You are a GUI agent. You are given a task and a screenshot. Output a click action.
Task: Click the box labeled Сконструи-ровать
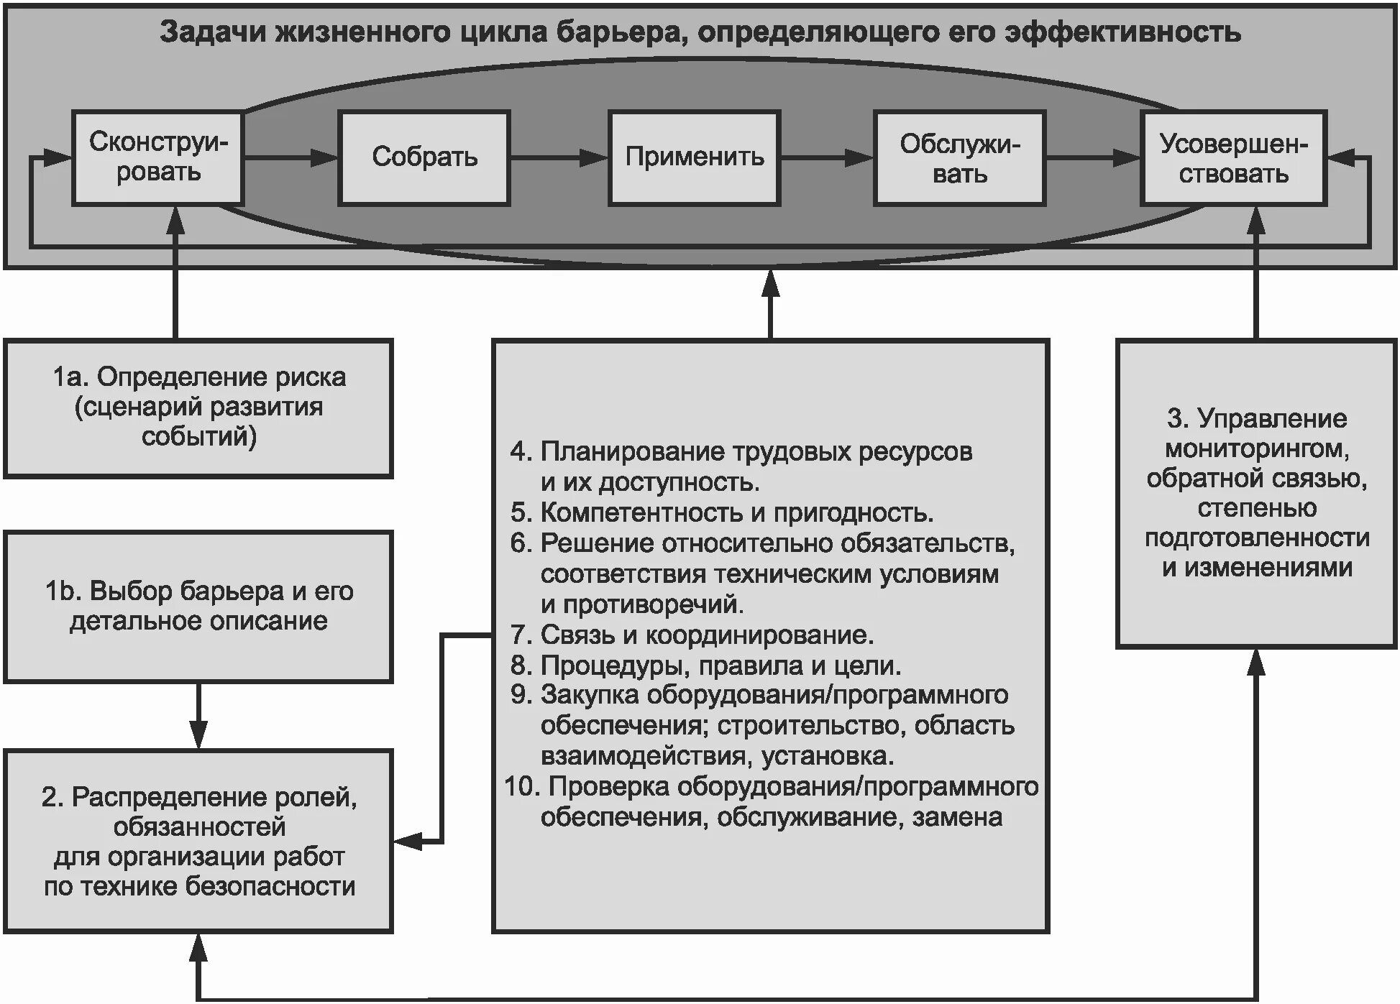(x=157, y=158)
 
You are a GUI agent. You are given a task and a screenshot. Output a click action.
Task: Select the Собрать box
(x=424, y=158)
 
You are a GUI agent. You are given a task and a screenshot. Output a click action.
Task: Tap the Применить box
(x=694, y=158)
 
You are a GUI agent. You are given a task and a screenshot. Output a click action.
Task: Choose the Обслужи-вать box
(x=959, y=158)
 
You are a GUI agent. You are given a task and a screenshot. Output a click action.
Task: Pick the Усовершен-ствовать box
(x=1233, y=158)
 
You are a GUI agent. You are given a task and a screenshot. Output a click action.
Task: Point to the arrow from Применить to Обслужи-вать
(x=827, y=157)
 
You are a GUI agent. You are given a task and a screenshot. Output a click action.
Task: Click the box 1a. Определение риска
(x=198, y=407)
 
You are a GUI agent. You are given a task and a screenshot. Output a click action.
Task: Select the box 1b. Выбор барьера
(x=198, y=606)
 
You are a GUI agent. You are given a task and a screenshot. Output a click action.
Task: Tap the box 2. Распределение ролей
(x=198, y=841)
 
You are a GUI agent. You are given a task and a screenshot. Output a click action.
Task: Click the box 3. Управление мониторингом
(x=1256, y=494)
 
